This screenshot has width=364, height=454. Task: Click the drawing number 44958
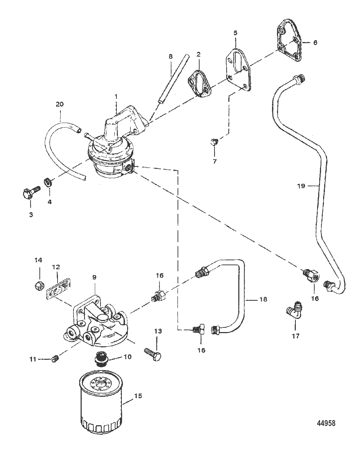tap(326, 423)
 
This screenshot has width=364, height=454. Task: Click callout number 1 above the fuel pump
tap(115, 96)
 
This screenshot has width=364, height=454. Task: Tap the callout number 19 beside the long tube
tap(301, 186)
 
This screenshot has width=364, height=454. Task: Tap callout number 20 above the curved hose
tap(60, 104)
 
